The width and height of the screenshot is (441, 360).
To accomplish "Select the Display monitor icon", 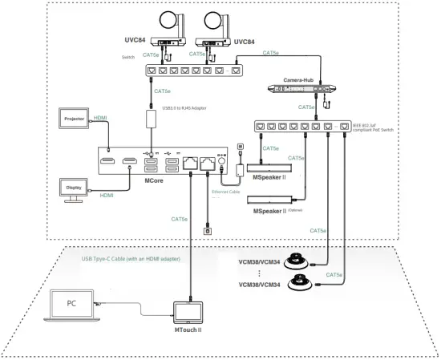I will (x=75, y=188).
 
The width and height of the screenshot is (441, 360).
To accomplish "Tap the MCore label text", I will (x=156, y=181).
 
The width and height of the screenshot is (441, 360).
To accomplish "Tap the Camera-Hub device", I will (x=306, y=88).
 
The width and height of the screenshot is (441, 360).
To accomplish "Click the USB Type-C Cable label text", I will (x=130, y=259).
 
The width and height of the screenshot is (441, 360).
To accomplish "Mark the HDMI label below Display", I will (x=107, y=195).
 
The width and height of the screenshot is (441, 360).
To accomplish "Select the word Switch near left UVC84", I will (x=127, y=57).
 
